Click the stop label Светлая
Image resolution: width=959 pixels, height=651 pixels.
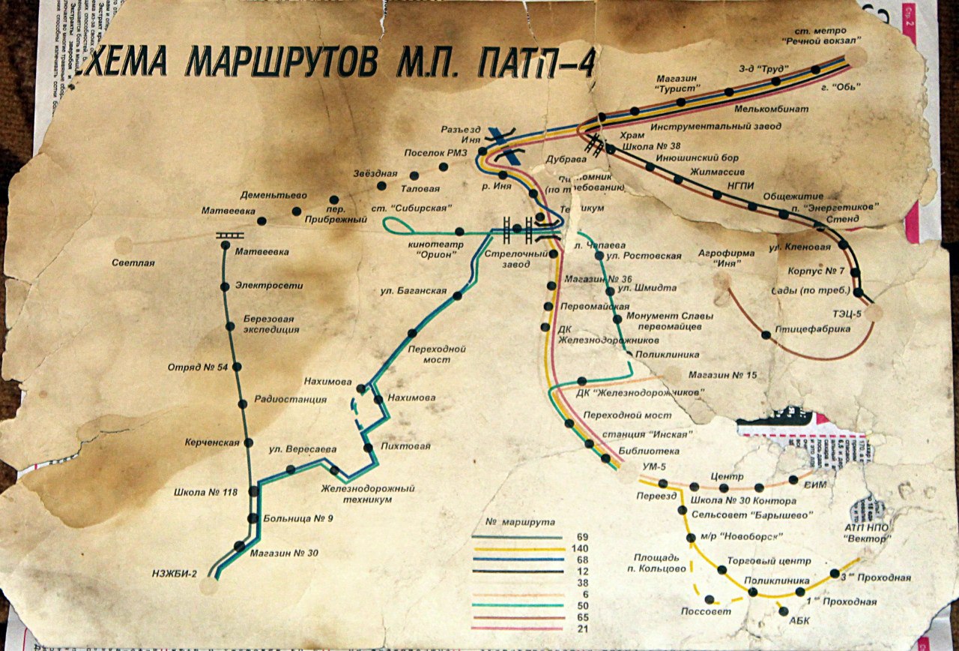click(133, 262)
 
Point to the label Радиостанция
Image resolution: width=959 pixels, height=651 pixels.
click(291, 400)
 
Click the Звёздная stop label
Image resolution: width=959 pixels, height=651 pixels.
click(374, 174)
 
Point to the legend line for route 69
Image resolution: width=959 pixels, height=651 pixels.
click(517, 538)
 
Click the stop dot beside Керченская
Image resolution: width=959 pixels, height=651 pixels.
click(246, 442)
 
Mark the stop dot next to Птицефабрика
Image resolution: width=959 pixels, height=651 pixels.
click(766, 334)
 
